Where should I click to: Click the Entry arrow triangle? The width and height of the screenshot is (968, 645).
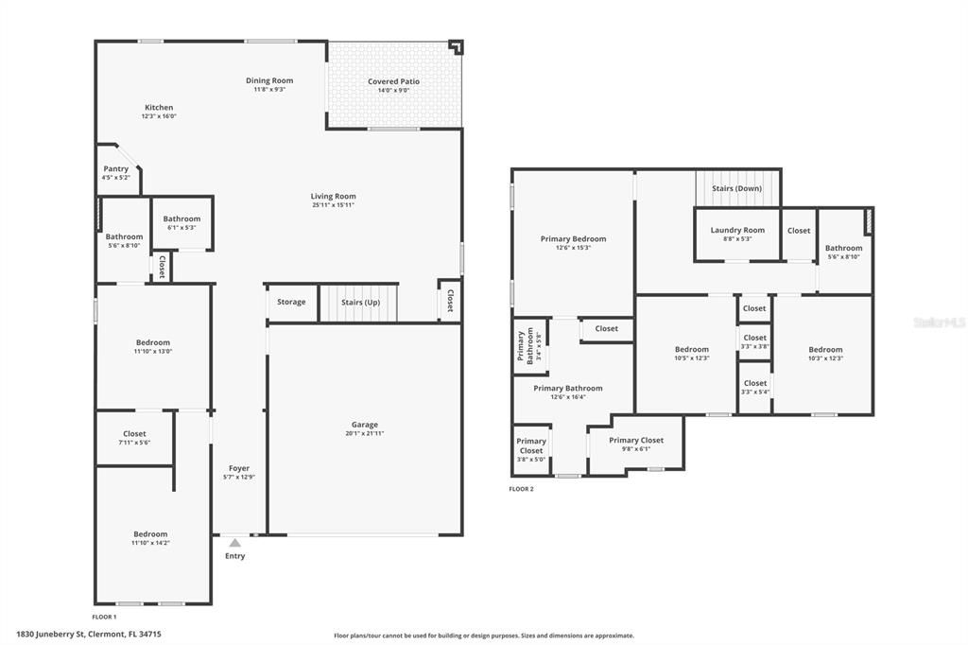(x=234, y=543)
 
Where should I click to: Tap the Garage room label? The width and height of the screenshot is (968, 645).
(x=365, y=425)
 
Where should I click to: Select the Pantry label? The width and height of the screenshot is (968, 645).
(x=115, y=168)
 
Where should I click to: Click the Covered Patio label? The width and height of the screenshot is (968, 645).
(x=393, y=81)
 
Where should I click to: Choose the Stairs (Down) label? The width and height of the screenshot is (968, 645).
(x=736, y=188)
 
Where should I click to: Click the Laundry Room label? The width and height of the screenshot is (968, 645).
(x=737, y=230)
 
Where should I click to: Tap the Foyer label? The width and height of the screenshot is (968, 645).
(x=238, y=468)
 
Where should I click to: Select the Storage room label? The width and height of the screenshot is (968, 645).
(x=291, y=302)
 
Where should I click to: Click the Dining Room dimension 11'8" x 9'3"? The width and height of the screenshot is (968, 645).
(x=269, y=90)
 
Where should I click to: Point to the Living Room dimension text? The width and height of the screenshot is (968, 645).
(x=333, y=205)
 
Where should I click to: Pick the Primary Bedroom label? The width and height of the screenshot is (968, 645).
(x=573, y=238)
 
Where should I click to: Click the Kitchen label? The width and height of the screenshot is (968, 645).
(x=159, y=107)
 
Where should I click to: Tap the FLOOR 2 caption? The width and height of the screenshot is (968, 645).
(x=521, y=489)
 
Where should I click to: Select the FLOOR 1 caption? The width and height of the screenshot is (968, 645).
(x=105, y=617)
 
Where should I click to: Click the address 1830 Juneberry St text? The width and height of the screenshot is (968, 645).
(x=89, y=635)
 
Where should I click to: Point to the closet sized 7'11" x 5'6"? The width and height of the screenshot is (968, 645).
(x=134, y=438)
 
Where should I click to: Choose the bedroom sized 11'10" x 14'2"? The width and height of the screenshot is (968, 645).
(x=150, y=538)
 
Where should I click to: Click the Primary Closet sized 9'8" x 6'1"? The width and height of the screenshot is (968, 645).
(x=635, y=444)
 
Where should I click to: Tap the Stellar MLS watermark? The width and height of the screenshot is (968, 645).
(x=940, y=322)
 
